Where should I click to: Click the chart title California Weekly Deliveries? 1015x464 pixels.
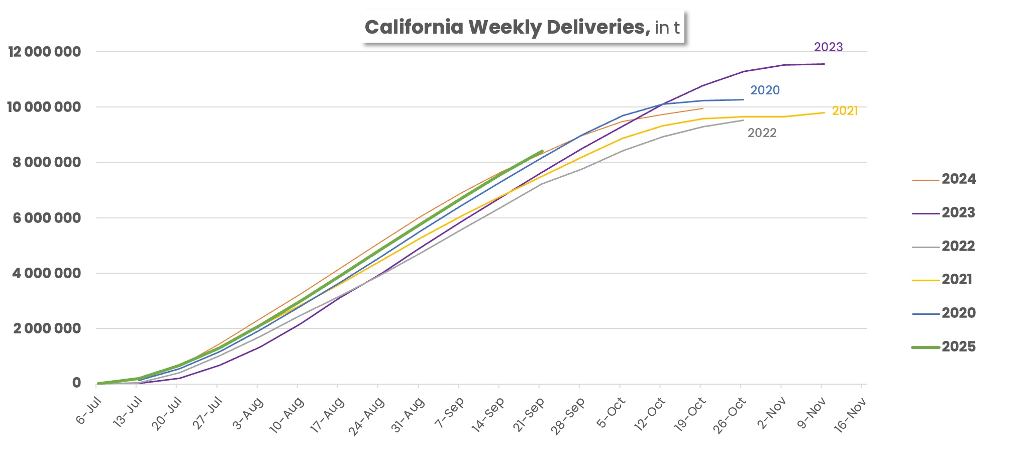pyautogui.click(x=505, y=27)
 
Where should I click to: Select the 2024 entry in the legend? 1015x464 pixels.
pyautogui.click(x=944, y=179)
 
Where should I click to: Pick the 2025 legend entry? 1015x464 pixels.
pyautogui.click(x=944, y=346)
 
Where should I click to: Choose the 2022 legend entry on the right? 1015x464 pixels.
pyautogui.click(x=944, y=246)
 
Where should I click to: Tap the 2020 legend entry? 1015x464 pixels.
pyautogui.click(x=944, y=313)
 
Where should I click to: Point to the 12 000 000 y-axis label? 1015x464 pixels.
pyautogui.click(x=45, y=52)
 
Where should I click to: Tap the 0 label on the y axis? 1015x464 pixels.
pyautogui.click(x=76, y=383)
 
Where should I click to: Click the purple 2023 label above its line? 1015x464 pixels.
pyautogui.click(x=829, y=47)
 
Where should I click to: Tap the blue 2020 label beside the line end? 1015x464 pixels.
pyautogui.click(x=765, y=90)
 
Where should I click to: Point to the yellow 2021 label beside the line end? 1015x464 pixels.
pyautogui.click(x=845, y=110)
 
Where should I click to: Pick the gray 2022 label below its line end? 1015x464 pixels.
pyautogui.click(x=762, y=133)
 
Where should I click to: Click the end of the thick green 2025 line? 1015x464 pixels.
pyautogui.click(x=542, y=151)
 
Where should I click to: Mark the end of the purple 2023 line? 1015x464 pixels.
pyautogui.click(x=824, y=64)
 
